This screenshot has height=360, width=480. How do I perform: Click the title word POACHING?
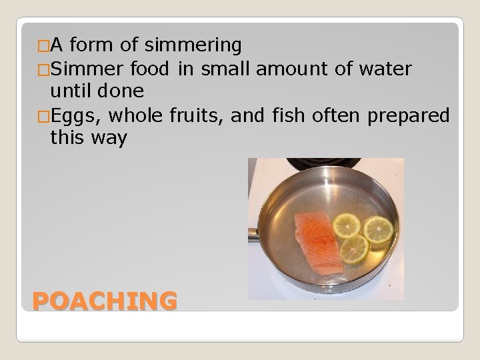click(105, 301)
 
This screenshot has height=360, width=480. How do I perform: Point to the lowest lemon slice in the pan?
click(353, 248)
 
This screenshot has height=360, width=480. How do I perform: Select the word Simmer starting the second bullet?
click(85, 69)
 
